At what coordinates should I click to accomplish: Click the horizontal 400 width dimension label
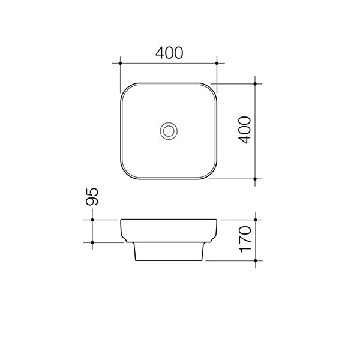click(x=169, y=53)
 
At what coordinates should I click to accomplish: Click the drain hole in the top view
click(x=169, y=130)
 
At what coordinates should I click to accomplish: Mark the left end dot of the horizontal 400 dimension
click(x=121, y=62)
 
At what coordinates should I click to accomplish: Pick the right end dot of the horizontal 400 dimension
click(x=217, y=62)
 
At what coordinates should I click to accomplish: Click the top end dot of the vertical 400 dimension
click(x=256, y=83)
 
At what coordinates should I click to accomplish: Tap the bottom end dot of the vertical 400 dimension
click(x=256, y=179)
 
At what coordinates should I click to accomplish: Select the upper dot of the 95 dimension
click(x=92, y=220)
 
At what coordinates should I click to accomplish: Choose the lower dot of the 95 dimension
click(x=92, y=242)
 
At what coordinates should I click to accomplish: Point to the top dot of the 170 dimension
click(x=256, y=220)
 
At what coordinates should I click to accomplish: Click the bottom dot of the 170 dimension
click(x=256, y=261)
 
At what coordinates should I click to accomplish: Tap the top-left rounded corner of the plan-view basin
click(x=125, y=88)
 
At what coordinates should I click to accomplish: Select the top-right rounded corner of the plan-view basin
click(x=212, y=88)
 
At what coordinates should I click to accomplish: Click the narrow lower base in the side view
click(x=169, y=252)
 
